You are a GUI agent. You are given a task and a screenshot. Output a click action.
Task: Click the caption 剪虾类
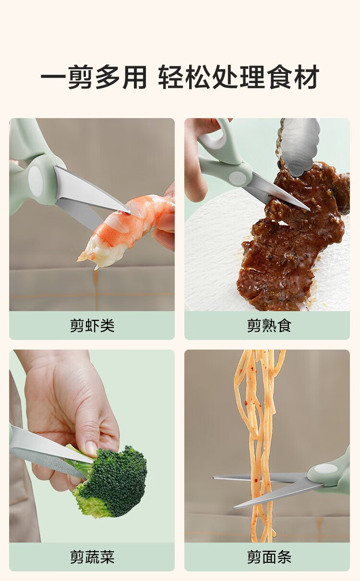coord(92,325)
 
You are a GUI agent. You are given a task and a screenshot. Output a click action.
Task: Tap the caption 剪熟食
coord(269,325)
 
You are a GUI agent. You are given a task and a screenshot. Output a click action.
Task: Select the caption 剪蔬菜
coord(92,557)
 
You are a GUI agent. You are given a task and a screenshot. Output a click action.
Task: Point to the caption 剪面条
coord(269,557)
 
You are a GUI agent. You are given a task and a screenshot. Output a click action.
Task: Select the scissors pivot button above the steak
coord(238,177)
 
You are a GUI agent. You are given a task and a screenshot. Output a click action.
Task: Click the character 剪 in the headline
coord(81,77)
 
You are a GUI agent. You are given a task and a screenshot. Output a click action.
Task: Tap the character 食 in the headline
coord(279,77)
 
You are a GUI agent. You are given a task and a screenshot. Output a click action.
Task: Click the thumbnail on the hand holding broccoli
coord(91,448)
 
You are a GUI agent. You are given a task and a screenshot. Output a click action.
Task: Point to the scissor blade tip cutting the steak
coord(309,209)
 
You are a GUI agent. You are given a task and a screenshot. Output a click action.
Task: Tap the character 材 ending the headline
coord(306,77)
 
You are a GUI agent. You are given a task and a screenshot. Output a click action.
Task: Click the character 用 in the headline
coord(135,77)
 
